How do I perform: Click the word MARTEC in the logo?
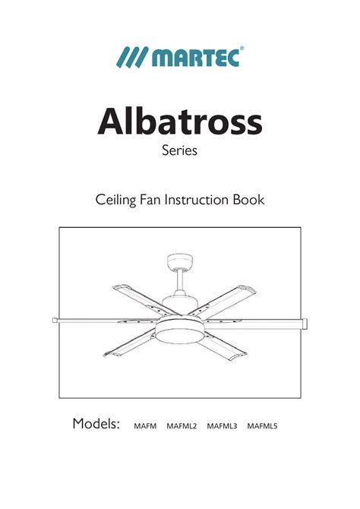(x=195, y=58)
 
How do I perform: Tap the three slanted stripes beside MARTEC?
(x=132, y=57)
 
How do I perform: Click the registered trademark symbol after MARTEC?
(x=242, y=49)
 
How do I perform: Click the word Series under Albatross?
(x=179, y=150)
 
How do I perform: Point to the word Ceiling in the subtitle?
(x=115, y=200)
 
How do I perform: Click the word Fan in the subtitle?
(x=150, y=199)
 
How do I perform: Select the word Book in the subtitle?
(x=248, y=199)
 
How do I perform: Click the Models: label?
(x=96, y=423)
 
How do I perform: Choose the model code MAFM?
(x=145, y=426)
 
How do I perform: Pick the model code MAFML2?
(x=182, y=426)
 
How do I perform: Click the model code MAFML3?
(x=222, y=426)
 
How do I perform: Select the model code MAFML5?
(x=262, y=426)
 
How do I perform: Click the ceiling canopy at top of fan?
(x=179, y=261)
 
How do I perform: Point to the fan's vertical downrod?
(x=179, y=281)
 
